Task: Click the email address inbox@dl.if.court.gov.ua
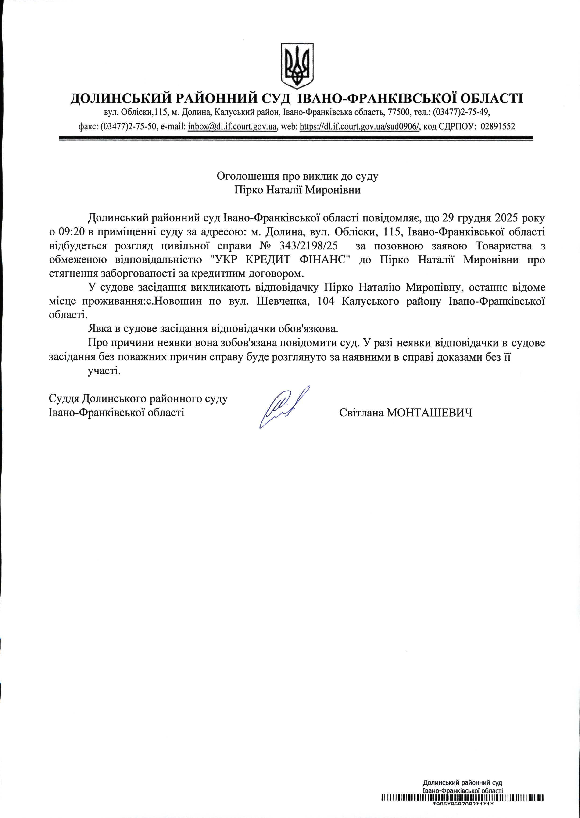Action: click(x=233, y=126)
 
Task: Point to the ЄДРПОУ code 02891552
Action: click(x=498, y=126)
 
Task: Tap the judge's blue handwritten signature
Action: click(x=285, y=407)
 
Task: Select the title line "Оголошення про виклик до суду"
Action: click(x=297, y=176)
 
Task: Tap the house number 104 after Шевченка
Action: click(x=325, y=302)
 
